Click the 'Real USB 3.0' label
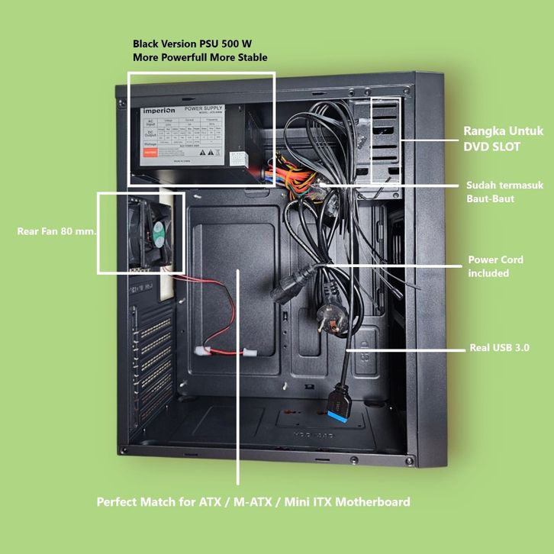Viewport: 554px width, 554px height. click(499, 348)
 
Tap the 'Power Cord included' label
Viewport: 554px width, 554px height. click(495, 266)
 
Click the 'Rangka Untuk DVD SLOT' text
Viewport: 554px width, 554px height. click(503, 139)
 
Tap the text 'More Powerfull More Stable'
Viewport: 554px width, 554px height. click(200, 57)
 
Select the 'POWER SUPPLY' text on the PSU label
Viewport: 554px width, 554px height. click(206, 109)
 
